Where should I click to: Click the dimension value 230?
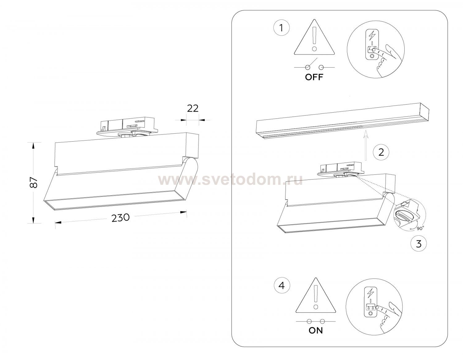(x=120, y=217)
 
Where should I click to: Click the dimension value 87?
(x=34, y=182)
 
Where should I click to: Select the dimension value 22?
(x=193, y=108)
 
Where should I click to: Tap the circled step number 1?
(x=281, y=28)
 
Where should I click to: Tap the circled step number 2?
(x=381, y=152)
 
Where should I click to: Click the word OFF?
(x=314, y=77)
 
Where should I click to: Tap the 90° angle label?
(x=420, y=228)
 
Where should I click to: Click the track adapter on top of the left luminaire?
(x=127, y=127)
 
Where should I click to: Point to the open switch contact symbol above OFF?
(x=314, y=64)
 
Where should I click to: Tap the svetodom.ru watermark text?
(x=230, y=180)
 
